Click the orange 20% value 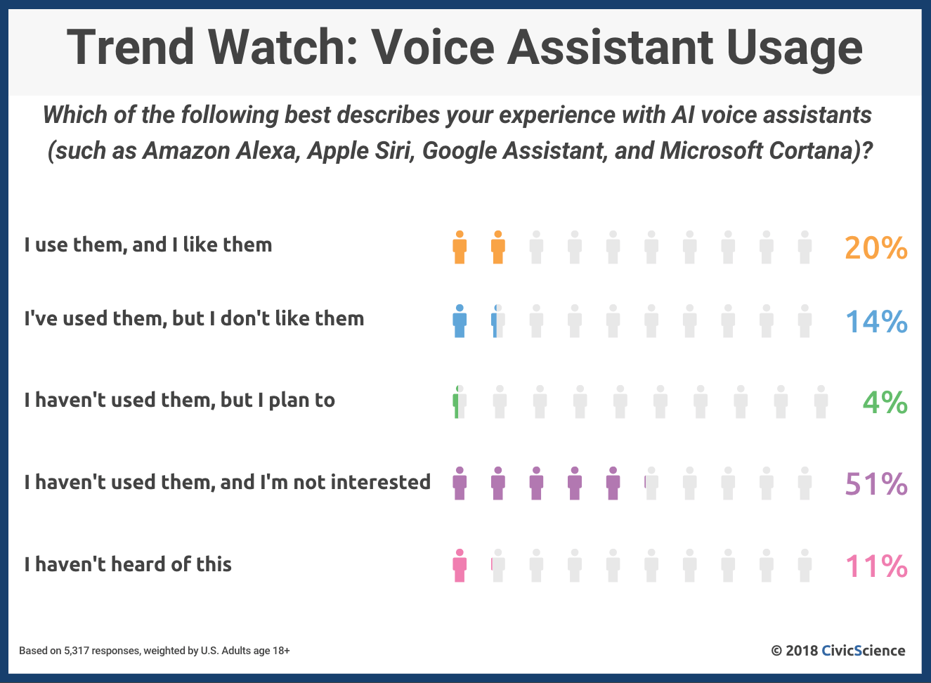point(875,248)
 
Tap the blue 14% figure point(877,322)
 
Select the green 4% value point(885,403)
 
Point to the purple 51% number point(876,484)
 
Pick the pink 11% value point(877,566)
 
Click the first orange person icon point(460,247)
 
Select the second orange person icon point(498,247)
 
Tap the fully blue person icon point(460,321)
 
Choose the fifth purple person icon point(613,483)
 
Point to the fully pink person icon point(460,566)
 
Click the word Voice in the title point(433,46)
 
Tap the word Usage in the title point(795,51)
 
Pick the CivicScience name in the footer point(864,651)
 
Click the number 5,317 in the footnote point(77,651)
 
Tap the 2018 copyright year point(802,651)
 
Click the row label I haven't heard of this point(128,564)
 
